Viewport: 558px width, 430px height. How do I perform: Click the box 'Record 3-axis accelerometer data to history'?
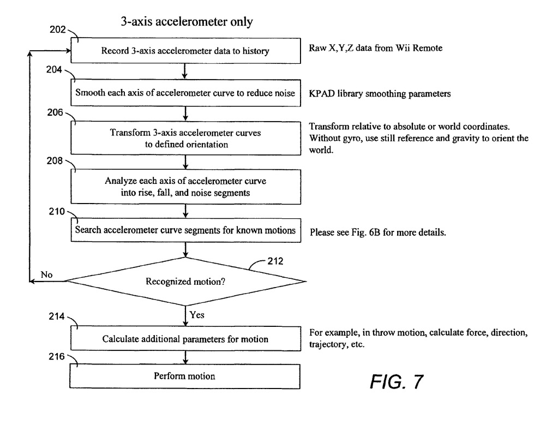pos(185,51)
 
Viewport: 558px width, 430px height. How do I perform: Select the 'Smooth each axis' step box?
pos(185,93)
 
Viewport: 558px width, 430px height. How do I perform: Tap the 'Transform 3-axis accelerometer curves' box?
pos(185,139)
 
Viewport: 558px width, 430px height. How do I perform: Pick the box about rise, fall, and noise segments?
pos(185,187)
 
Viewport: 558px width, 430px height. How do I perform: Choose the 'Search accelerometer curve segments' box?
pos(185,230)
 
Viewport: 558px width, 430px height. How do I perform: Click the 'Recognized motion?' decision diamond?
pos(185,282)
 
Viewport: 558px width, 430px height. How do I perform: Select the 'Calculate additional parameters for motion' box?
pos(185,339)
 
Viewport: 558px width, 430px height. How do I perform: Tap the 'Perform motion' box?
pos(185,376)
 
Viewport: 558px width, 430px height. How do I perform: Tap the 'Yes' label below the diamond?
pos(197,314)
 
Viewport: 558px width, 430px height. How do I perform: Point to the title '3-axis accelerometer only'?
pos(186,22)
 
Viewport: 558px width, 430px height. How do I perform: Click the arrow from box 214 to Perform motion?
pos(186,357)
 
